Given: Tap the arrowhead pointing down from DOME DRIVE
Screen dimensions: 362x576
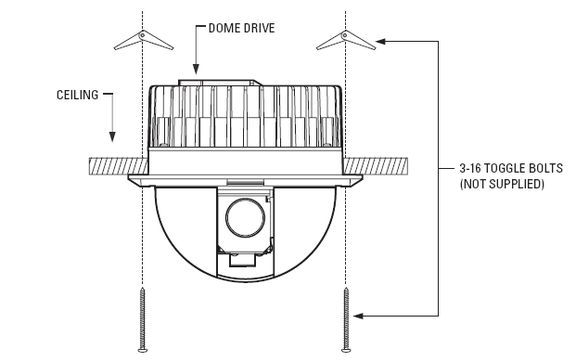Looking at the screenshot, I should pyautogui.click(x=196, y=68).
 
